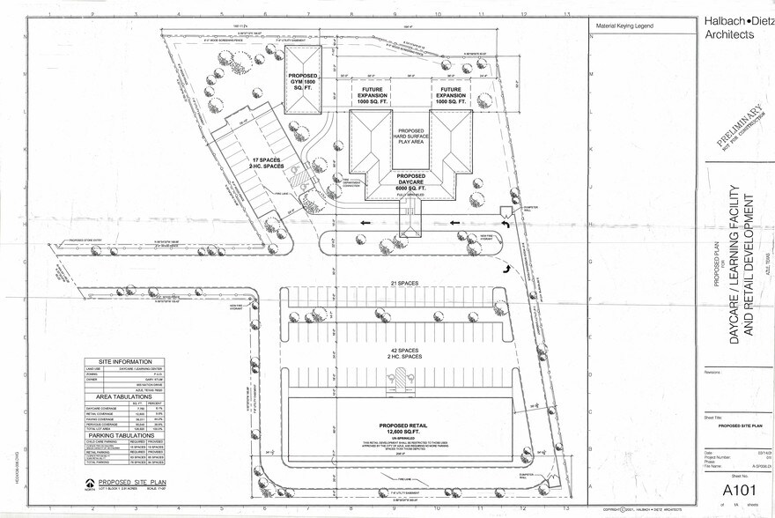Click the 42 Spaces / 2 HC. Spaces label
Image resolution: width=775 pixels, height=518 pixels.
point(401,352)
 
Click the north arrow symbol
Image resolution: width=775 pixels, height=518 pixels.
point(91,483)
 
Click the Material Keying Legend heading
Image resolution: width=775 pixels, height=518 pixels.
point(624,26)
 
